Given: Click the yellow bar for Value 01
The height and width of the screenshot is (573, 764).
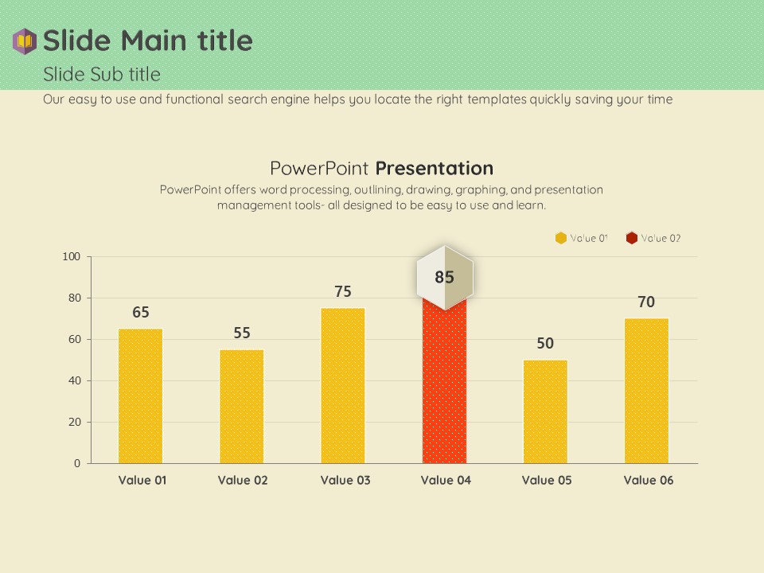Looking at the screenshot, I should [x=140, y=396].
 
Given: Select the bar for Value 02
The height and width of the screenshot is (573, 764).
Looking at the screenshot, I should [x=241, y=406].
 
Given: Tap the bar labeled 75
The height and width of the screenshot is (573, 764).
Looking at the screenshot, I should [x=343, y=385].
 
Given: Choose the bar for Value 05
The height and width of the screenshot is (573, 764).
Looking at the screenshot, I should [x=545, y=411].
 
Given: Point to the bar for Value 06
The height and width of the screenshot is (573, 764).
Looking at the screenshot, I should [x=646, y=391].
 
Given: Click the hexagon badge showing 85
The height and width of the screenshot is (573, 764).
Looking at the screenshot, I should [x=444, y=278].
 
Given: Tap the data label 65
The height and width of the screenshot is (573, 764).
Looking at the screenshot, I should [x=141, y=313].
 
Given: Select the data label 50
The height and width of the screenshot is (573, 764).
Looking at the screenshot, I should [x=545, y=344].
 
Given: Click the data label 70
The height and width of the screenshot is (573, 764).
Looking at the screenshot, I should [x=646, y=302].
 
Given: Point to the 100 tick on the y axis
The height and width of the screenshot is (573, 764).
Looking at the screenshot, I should [x=72, y=256].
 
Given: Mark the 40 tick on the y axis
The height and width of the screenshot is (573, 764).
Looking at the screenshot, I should [x=74, y=380].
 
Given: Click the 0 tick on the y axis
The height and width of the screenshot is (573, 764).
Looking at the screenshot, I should [x=77, y=463].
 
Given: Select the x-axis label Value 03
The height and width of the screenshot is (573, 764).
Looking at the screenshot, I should [x=345, y=480].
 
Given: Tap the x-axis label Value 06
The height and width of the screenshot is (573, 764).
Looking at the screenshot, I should [x=648, y=480].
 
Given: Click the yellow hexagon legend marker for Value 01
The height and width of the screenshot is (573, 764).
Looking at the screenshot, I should [x=561, y=238].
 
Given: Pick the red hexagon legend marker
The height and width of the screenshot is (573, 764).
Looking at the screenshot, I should [x=631, y=238].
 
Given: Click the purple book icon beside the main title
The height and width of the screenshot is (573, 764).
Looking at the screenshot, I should [x=25, y=41].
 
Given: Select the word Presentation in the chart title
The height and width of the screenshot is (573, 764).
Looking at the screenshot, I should [x=435, y=168].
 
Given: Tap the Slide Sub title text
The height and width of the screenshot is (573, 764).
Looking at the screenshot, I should [x=102, y=74].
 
